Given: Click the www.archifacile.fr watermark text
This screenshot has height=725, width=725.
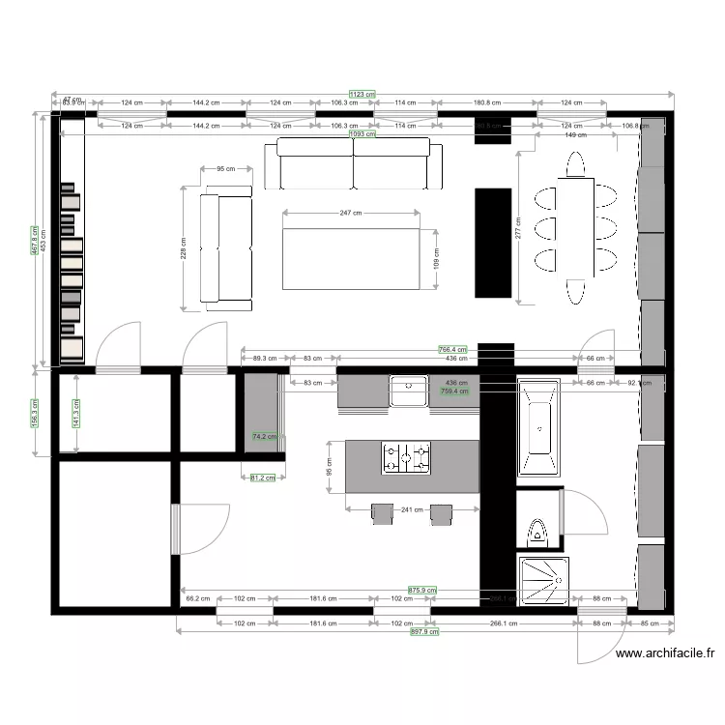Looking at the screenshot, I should click(666, 653).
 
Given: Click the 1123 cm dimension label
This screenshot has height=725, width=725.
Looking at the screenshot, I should click(362, 94).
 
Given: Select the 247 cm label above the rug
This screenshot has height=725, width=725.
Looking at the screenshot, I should click(351, 214).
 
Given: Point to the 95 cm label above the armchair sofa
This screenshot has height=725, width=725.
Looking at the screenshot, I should click(226, 169).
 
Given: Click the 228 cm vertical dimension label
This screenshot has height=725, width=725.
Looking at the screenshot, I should click(183, 246).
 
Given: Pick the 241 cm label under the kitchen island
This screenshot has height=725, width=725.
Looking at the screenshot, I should click(413, 511).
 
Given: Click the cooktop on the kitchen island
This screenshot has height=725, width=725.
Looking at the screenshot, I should click(406, 457).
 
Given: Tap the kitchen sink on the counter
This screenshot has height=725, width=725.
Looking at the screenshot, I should click(409, 391).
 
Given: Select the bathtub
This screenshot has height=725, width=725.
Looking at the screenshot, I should click(536, 428).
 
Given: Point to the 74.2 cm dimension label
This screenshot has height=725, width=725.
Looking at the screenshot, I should click(264, 437).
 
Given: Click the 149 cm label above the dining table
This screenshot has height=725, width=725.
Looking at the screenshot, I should click(575, 135).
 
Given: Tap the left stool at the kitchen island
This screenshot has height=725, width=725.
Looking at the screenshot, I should click(383, 513).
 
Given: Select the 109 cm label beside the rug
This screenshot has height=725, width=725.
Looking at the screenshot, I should click(435, 258).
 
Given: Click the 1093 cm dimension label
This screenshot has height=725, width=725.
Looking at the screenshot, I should click(362, 133).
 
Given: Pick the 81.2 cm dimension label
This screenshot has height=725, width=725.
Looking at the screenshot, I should click(262, 477).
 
